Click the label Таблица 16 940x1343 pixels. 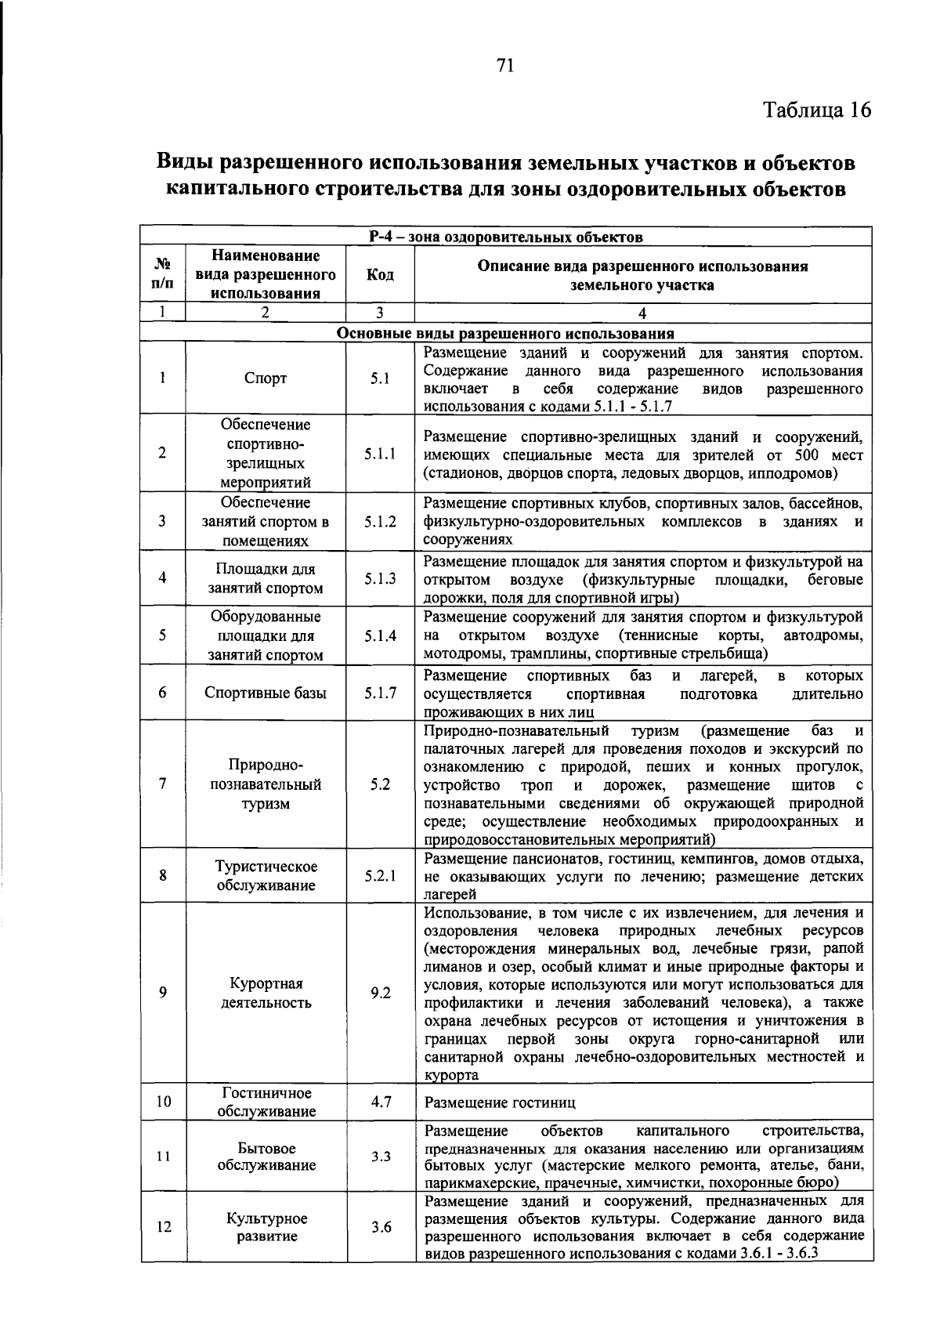point(817,110)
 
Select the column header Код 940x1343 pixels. point(380,275)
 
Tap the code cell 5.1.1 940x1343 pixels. point(380,454)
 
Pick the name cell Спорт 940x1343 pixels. point(266,378)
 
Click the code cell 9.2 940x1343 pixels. point(380,993)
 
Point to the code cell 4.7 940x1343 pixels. point(381,1102)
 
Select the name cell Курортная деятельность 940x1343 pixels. point(266,993)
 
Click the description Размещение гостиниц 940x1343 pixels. point(500,1102)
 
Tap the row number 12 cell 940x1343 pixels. point(163,1227)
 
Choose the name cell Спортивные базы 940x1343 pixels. point(266,693)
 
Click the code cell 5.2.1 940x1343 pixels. point(380,876)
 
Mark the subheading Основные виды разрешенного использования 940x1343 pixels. point(505,333)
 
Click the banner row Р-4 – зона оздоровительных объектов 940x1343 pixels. point(505,236)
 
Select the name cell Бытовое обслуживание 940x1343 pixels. point(266,1157)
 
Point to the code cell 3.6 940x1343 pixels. point(381,1227)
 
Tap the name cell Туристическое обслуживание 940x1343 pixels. point(266,876)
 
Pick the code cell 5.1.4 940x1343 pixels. point(380,635)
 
